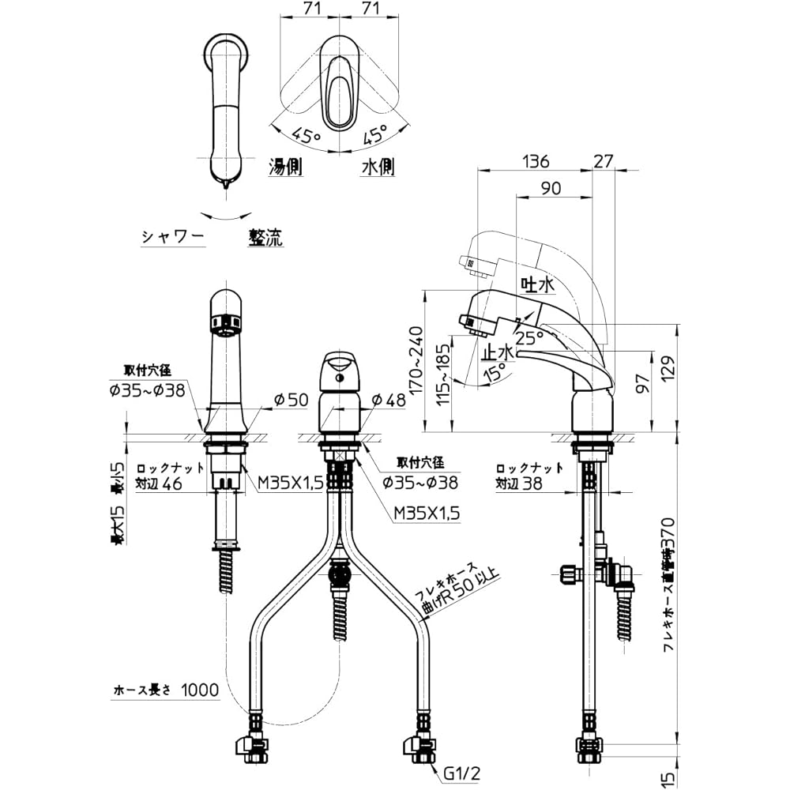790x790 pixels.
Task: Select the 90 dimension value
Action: pos(552,188)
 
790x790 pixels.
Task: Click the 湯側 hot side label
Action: pos(288,167)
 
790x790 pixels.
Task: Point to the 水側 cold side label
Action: pos(378,167)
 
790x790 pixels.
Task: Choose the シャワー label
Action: pos(173,235)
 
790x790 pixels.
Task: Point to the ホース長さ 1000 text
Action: pos(164,690)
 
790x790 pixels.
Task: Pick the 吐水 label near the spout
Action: pos(535,283)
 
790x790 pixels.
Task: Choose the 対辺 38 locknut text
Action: pos(520,484)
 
